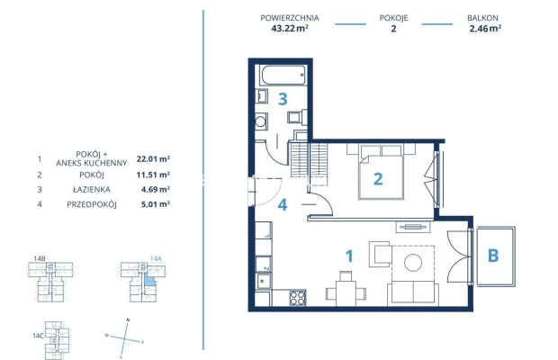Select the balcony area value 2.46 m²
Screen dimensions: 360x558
click(x=485, y=28)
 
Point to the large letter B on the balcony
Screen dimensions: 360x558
click(x=492, y=255)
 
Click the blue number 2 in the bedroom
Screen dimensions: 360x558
click(x=378, y=178)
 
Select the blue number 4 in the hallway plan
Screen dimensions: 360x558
click(x=282, y=204)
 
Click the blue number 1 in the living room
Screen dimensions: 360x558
click(x=349, y=255)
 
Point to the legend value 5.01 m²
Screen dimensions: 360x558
click(x=155, y=203)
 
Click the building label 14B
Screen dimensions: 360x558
click(x=40, y=258)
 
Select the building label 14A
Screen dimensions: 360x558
click(x=155, y=258)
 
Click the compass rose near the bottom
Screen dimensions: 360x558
click(x=126, y=337)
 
